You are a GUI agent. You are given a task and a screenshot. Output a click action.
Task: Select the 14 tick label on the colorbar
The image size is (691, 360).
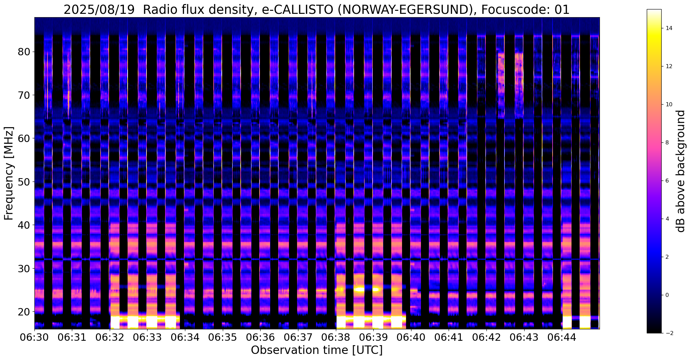click(669, 28)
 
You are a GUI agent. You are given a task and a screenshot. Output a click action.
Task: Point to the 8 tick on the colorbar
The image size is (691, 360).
click(667, 143)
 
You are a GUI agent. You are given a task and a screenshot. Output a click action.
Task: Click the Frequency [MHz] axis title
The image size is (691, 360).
click(9, 173)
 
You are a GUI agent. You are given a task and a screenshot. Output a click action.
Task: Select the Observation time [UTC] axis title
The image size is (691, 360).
click(317, 350)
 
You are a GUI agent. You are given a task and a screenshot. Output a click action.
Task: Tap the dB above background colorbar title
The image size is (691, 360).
click(681, 171)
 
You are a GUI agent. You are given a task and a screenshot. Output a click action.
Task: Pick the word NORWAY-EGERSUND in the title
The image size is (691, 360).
click(405, 10)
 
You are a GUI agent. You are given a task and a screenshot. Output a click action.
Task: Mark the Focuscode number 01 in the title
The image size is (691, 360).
click(562, 10)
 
